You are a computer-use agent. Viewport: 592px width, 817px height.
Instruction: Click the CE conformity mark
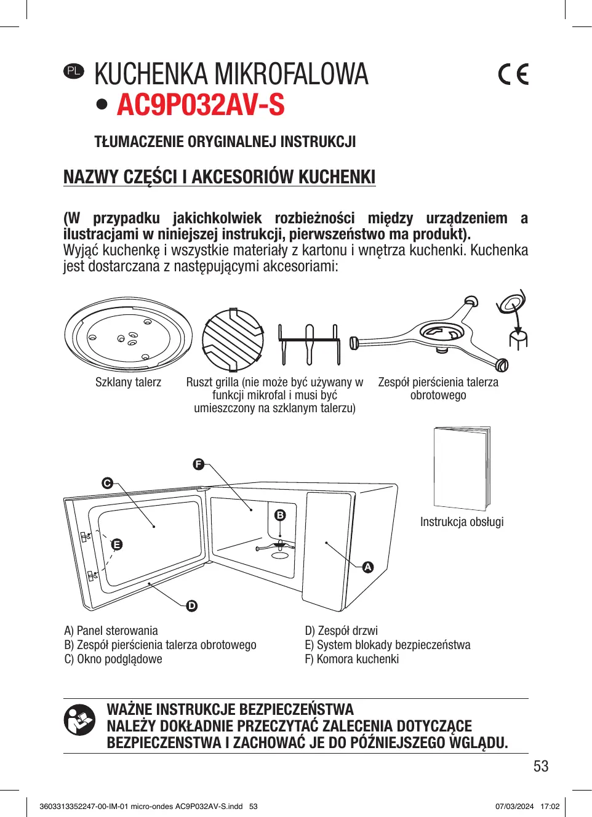pos(513,74)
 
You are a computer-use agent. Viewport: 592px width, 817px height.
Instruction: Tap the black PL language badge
pos(73,71)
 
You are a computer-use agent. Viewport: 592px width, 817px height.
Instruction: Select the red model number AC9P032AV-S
pos(201,105)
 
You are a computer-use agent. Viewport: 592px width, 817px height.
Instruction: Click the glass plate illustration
pos(128,336)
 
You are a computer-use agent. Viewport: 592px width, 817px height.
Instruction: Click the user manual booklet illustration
pos(462,468)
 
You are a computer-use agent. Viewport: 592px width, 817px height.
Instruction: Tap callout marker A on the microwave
pos(368,567)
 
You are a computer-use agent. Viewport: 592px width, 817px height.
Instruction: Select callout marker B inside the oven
pos(280,515)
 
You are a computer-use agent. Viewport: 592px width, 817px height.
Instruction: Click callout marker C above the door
pos(107,483)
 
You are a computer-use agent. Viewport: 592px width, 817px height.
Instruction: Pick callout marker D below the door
pos(192,606)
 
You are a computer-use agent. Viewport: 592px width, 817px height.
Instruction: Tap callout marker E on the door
pos(116,544)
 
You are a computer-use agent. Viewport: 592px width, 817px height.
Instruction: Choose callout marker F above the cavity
pos(198,464)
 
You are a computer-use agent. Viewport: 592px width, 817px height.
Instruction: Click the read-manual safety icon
pos(79,720)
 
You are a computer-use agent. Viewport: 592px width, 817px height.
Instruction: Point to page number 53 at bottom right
pos(541,767)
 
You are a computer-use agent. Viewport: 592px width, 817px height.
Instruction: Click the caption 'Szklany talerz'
pos(128,382)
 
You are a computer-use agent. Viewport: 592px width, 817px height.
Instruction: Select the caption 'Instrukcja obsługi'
pos(462,522)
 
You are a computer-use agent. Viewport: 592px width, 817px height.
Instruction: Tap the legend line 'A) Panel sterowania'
pos(111,631)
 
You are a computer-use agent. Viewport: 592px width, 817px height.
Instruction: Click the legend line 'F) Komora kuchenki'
pos(351,659)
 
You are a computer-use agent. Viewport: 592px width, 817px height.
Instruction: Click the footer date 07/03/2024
pos(514,807)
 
